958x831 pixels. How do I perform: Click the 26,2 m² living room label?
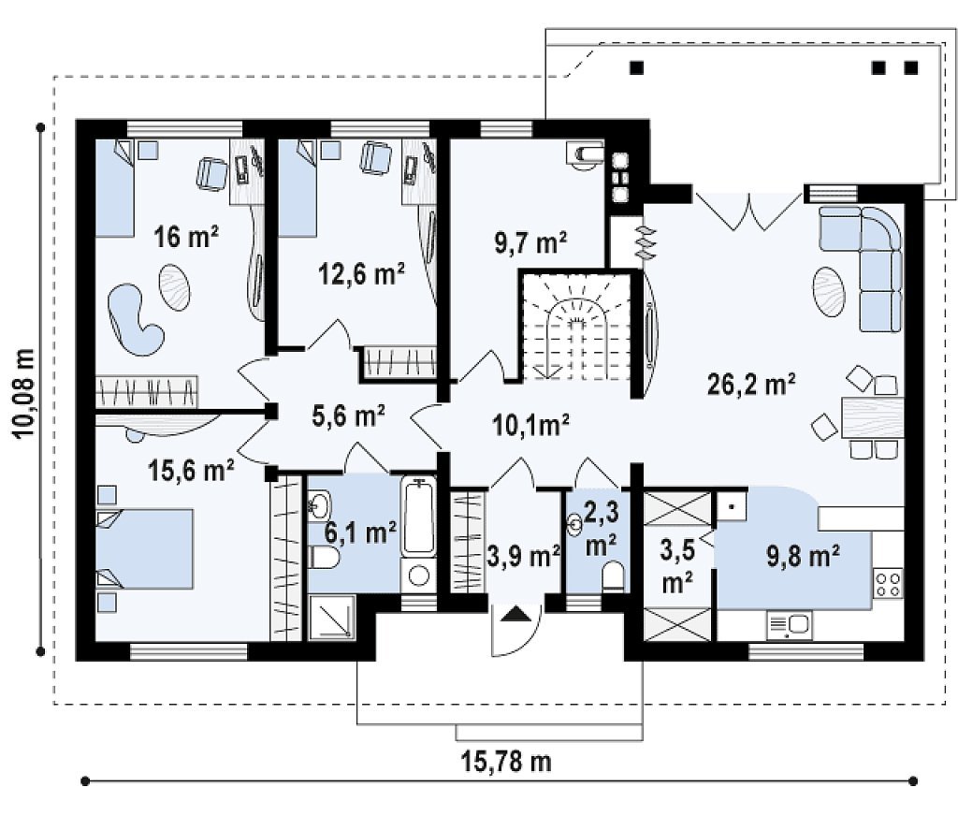pyautogui.click(x=751, y=385)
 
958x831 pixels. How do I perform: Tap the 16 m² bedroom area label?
pyautogui.click(x=186, y=237)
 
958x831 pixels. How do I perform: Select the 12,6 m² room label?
pyautogui.click(x=361, y=274)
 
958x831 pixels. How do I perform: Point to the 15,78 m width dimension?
pyautogui.click(x=505, y=762)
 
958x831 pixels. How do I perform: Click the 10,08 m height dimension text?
pyautogui.click(x=24, y=393)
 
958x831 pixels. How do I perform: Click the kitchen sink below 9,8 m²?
pyautogui.click(x=790, y=626)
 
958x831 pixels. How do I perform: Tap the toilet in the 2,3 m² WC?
pyautogui.click(x=613, y=577)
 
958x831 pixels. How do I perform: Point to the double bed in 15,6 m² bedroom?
pyautogui.click(x=145, y=548)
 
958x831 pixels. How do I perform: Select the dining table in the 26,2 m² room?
pyautogui.click(x=873, y=417)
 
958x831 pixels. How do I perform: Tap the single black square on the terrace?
pyautogui.click(x=636, y=67)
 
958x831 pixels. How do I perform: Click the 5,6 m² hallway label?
pyautogui.click(x=348, y=415)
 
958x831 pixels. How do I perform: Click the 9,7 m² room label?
pyautogui.click(x=530, y=242)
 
